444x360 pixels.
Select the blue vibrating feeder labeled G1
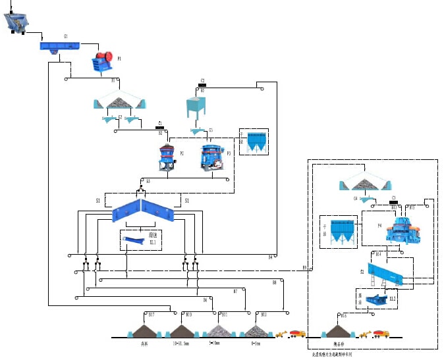click(x=59, y=45)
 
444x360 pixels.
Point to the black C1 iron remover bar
click(x=159, y=127)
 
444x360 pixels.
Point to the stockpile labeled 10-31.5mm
click(x=180, y=328)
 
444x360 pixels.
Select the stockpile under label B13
click(x=254, y=328)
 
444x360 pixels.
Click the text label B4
click(x=270, y=257)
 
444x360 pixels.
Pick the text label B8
click(x=274, y=282)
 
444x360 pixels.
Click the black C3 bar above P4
click(x=393, y=203)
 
